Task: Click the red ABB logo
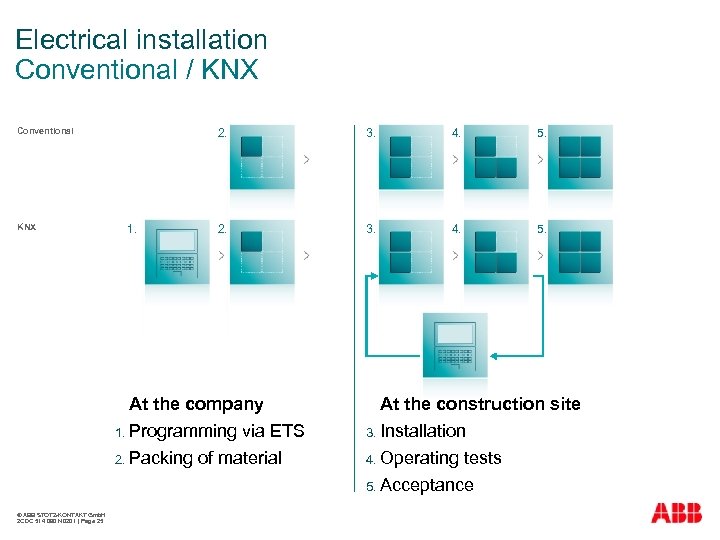pyautogui.click(x=676, y=513)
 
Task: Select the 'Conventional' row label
pyautogui.click(x=45, y=131)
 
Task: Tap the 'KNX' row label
pyautogui.click(x=27, y=227)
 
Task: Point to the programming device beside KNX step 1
pyautogui.click(x=177, y=253)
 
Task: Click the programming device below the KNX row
pyautogui.click(x=455, y=345)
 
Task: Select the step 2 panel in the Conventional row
pyautogui.click(x=262, y=157)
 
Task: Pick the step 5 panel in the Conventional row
pyautogui.click(x=580, y=157)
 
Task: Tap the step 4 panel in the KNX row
pyautogui.click(x=496, y=252)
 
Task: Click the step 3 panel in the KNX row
pyautogui.click(x=411, y=252)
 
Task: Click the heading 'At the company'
pyautogui.click(x=196, y=404)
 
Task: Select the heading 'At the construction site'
pyautogui.click(x=480, y=404)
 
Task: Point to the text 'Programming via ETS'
pyautogui.click(x=216, y=431)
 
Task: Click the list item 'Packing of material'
pyautogui.click(x=205, y=458)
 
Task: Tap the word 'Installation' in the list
pyautogui.click(x=423, y=431)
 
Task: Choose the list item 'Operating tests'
pyautogui.click(x=441, y=458)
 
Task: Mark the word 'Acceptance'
pyautogui.click(x=427, y=485)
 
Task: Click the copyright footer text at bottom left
pyautogui.click(x=61, y=518)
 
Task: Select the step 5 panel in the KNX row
pyautogui.click(x=580, y=252)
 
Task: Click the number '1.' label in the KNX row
pyautogui.click(x=132, y=229)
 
